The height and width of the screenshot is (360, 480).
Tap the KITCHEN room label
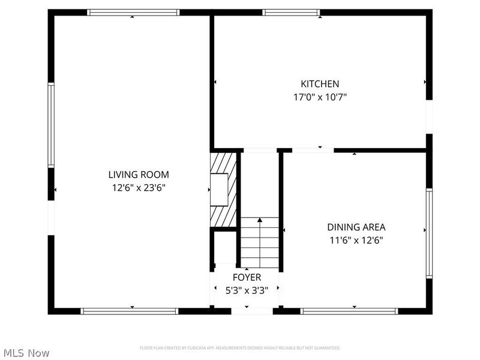[x=320, y=84]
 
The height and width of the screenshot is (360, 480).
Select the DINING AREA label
[x=356, y=227]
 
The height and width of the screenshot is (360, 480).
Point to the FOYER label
[x=247, y=277]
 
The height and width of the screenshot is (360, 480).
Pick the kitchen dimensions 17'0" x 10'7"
[x=320, y=97]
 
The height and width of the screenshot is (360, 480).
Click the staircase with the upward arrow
[x=260, y=242]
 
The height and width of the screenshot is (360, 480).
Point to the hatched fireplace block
[x=223, y=189]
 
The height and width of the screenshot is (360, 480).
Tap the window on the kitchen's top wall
[x=292, y=12]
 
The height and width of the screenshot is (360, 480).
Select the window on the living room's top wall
[x=133, y=12]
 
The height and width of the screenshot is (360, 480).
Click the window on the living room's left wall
[x=51, y=125]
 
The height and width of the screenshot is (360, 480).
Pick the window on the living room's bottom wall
[x=130, y=311]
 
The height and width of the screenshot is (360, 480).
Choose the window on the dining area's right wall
[x=429, y=233]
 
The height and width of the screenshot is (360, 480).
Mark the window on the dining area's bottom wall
[x=349, y=311]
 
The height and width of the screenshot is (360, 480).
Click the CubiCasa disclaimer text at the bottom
[x=240, y=348]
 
